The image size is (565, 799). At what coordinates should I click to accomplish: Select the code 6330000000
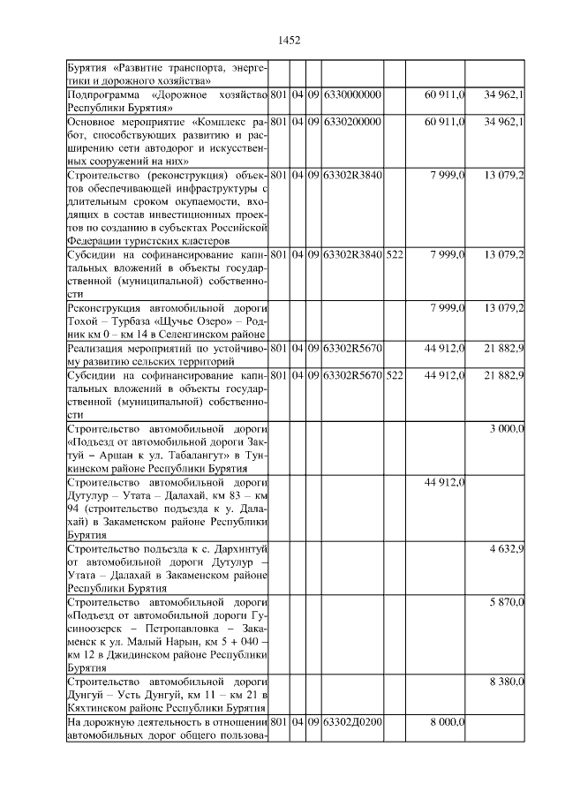pyautogui.click(x=352, y=94)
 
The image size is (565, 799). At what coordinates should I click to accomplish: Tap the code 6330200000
pyautogui.click(x=352, y=121)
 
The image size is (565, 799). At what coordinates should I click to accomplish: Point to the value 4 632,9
pyautogui.click(x=507, y=548)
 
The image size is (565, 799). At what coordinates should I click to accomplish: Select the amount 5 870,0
pyautogui.click(x=507, y=602)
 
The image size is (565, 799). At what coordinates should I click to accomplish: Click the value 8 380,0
pyautogui.click(x=507, y=682)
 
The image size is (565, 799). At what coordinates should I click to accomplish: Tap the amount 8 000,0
pyautogui.click(x=447, y=722)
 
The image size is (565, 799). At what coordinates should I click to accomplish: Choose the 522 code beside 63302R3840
pyautogui.click(x=395, y=254)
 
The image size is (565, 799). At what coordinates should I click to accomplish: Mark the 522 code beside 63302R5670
pyautogui.click(x=395, y=374)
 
